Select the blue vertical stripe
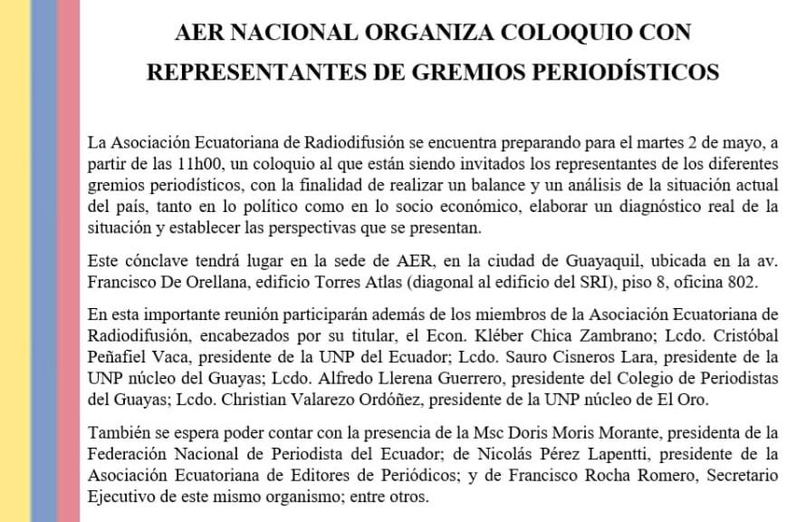(43, 261)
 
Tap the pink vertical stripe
(69, 261)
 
